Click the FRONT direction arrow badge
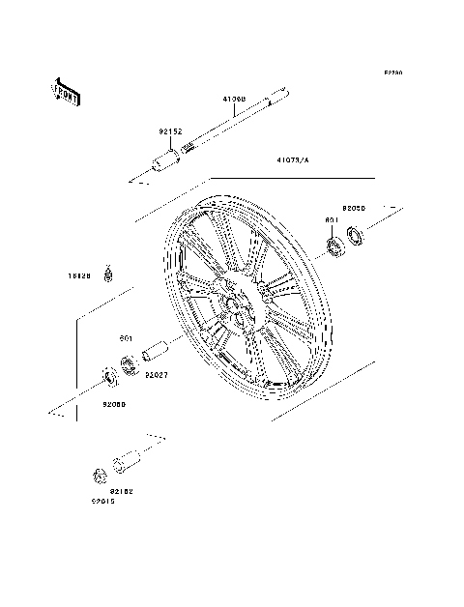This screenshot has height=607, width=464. click(x=66, y=91)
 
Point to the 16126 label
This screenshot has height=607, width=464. click(x=79, y=275)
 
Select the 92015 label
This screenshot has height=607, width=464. click(x=103, y=501)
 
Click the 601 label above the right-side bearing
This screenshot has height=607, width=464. click(x=331, y=220)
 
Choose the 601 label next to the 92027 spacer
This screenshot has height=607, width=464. click(x=125, y=337)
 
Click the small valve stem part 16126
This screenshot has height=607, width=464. click(x=110, y=273)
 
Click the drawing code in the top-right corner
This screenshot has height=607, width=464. click(x=391, y=72)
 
